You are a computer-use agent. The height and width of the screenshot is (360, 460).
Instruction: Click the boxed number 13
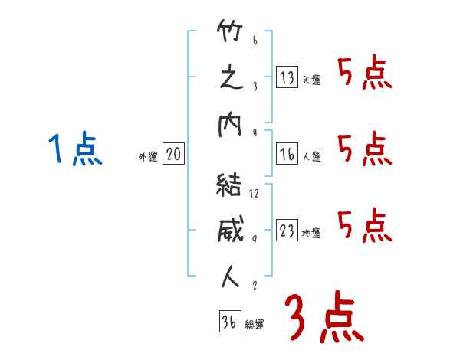click(287, 77)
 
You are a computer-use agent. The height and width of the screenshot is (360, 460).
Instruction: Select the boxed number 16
click(287, 154)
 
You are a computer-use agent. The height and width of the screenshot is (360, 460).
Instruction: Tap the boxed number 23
click(287, 231)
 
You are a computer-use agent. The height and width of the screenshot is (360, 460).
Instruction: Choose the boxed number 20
click(173, 155)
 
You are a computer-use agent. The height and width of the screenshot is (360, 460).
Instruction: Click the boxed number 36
click(229, 322)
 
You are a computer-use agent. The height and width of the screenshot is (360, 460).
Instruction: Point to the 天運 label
click(311, 80)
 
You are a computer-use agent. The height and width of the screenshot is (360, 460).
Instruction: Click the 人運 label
click(311, 157)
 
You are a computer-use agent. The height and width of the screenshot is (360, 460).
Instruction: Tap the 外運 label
click(147, 157)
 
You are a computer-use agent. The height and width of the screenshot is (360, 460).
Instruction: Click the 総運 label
click(255, 325)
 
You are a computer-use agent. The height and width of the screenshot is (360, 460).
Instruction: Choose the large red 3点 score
click(322, 317)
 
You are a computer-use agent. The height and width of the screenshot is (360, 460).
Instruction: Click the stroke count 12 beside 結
click(255, 193)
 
